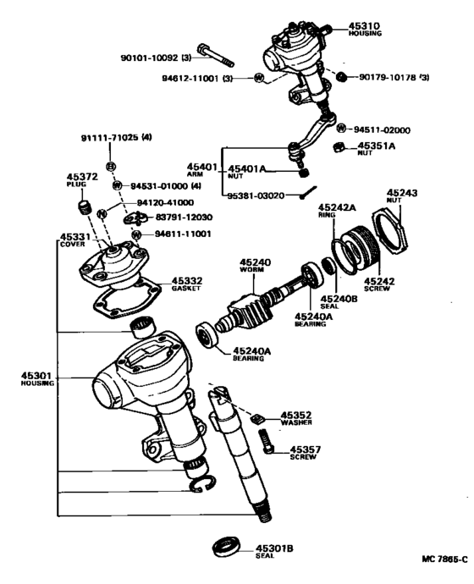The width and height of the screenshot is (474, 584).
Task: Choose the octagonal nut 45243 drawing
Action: [x=399, y=226]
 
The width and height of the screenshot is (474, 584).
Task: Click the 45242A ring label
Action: [x=337, y=207]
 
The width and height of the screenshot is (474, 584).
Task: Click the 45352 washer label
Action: [x=297, y=416]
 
